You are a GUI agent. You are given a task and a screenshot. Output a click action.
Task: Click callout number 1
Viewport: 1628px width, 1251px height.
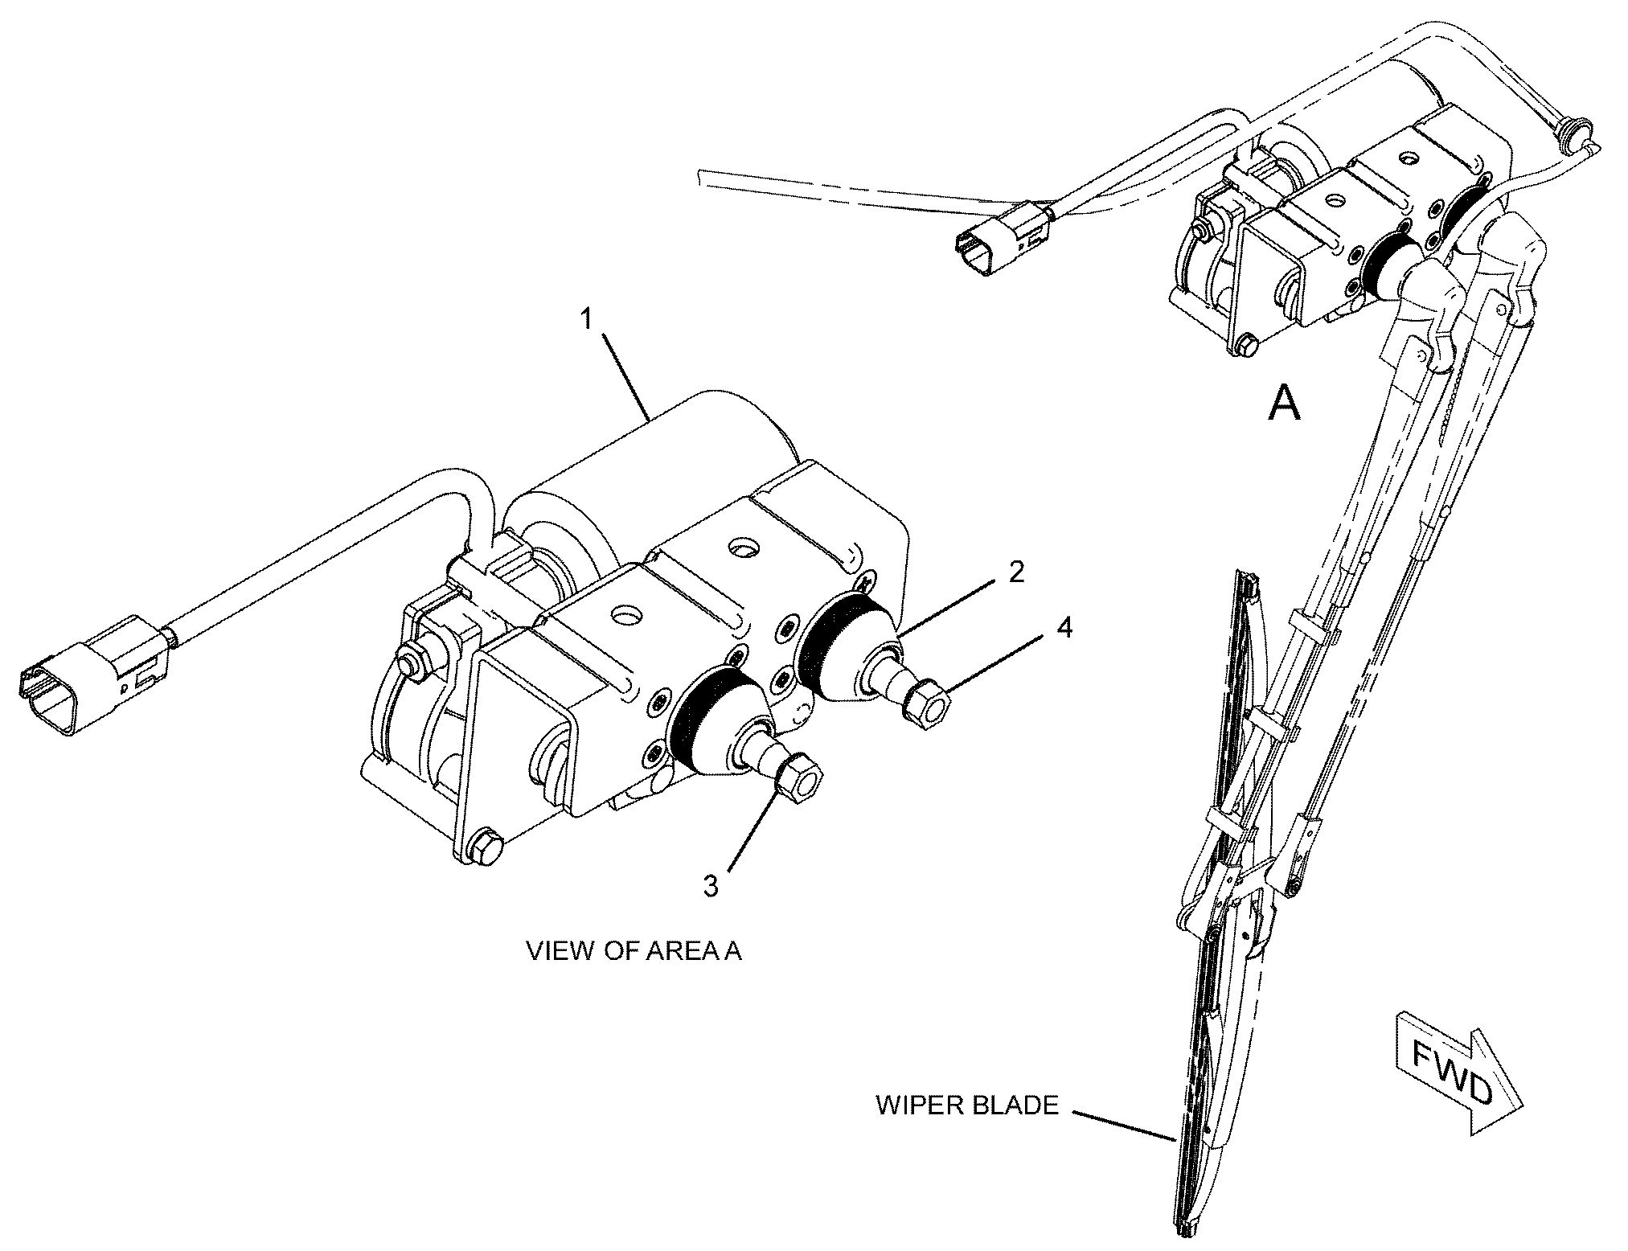pyautogui.click(x=587, y=319)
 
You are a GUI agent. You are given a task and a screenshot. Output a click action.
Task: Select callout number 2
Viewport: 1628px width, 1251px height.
pyautogui.click(x=1016, y=572)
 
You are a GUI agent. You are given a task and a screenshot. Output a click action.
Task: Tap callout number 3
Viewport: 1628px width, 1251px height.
pyautogui.click(x=710, y=886)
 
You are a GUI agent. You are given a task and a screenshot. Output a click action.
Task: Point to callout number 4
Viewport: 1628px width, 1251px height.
pyautogui.click(x=1064, y=627)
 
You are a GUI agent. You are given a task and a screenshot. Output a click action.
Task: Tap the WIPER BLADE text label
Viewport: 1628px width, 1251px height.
pyautogui.click(x=966, y=1105)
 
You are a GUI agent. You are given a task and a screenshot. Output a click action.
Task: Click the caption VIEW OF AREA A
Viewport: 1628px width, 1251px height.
pyautogui.click(x=634, y=951)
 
